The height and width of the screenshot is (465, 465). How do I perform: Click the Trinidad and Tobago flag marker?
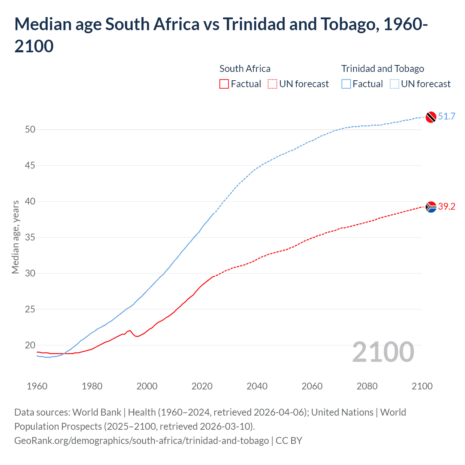tap(431, 117)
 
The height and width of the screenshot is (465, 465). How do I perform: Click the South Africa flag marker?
tap(431, 207)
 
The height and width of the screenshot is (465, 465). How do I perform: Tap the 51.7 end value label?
tap(446, 116)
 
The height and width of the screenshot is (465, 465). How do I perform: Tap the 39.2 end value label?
tap(446, 206)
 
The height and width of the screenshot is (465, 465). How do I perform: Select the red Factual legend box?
tap(224, 84)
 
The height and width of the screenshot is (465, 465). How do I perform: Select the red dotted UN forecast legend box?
tap(272, 84)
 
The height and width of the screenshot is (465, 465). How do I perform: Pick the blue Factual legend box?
tap(346, 84)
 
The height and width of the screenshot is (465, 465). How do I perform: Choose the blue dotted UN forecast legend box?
tap(394, 84)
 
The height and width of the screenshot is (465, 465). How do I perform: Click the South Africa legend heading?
tap(245, 69)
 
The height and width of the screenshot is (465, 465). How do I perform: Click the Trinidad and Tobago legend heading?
tap(383, 69)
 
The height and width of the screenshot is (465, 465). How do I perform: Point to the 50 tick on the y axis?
tap(30, 129)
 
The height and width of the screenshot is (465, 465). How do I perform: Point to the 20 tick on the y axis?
tap(30, 345)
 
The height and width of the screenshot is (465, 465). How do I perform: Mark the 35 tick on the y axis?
tap(30, 237)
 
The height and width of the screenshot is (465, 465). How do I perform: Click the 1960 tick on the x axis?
tap(37, 386)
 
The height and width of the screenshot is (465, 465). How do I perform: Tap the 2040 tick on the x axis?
tap(257, 386)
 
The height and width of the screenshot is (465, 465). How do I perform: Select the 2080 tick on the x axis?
tap(367, 386)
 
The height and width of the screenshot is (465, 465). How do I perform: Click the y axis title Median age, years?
tap(15, 237)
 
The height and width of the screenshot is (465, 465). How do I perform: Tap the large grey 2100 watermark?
tap(383, 352)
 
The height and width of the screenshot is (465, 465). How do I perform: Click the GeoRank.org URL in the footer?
tap(142, 440)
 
